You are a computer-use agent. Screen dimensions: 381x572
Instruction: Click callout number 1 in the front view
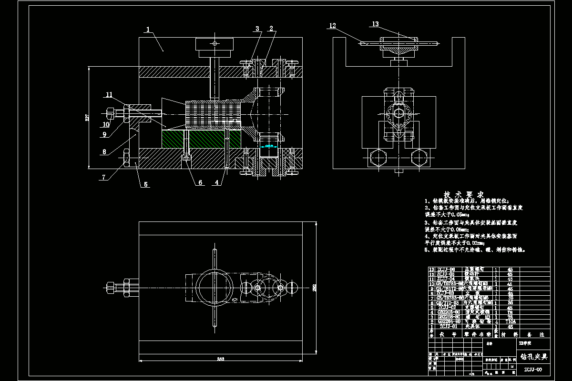click(x=148, y=30)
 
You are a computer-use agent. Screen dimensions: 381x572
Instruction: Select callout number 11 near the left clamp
click(x=109, y=95)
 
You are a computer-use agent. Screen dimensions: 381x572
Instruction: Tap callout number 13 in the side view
click(x=375, y=24)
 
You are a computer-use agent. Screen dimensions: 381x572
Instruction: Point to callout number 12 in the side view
click(x=332, y=25)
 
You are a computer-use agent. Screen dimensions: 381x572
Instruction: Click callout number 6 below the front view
click(x=200, y=182)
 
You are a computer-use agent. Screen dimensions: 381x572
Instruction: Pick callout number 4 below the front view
click(x=217, y=182)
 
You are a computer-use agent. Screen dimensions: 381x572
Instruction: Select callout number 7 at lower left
click(x=103, y=178)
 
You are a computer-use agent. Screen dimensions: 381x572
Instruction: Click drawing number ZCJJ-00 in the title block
click(x=532, y=370)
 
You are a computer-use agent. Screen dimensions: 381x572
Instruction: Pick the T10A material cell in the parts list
click(x=510, y=322)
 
